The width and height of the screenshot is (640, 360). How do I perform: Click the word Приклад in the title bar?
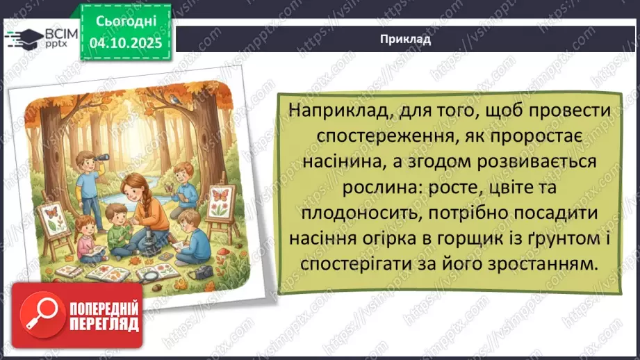407,39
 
